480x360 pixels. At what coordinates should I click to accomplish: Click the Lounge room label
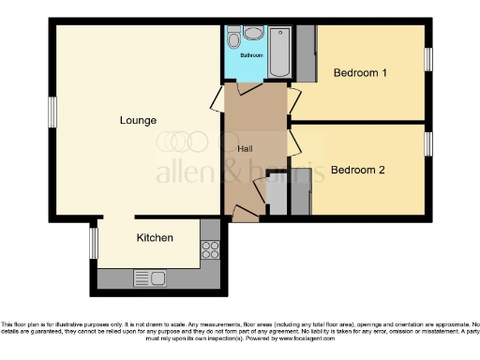tap(137, 120)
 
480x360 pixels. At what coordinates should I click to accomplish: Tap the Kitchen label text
tap(155, 238)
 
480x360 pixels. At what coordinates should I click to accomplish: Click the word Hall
tap(245, 149)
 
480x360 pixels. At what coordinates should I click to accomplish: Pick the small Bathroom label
tap(251, 55)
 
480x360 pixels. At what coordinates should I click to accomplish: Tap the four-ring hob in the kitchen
tap(210, 250)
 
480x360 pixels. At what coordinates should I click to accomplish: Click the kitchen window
tap(93, 243)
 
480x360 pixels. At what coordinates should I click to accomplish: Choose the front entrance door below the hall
tap(242, 215)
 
